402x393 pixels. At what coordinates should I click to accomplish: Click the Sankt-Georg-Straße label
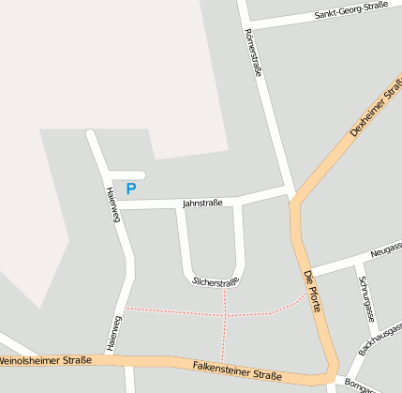(351, 10)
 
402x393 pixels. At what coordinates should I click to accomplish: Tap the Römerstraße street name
(253, 53)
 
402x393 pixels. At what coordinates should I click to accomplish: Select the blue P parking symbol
(131, 189)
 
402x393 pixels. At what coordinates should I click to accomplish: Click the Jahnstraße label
(202, 202)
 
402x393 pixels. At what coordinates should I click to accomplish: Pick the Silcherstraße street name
(216, 281)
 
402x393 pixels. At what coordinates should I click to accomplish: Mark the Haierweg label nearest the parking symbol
(112, 205)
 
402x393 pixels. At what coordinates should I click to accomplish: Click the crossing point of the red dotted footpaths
(226, 316)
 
